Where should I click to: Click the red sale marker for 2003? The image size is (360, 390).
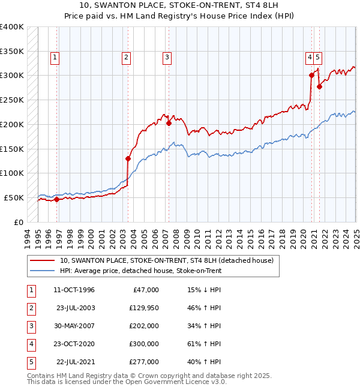pyautogui.click(x=128, y=159)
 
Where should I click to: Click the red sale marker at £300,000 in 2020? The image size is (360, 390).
pyautogui.click(x=312, y=76)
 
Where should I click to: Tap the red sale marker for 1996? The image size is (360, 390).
pyautogui.click(x=56, y=200)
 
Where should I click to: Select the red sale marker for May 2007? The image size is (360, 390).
pyautogui.click(x=169, y=124)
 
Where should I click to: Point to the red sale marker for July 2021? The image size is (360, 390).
pyautogui.click(x=320, y=86)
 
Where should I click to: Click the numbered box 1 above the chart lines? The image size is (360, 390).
pyautogui.click(x=55, y=58)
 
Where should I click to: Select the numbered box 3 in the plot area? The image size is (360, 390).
pyautogui.click(x=166, y=58)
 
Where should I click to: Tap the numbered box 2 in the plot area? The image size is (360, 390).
pyautogui.click(x=127, y=58)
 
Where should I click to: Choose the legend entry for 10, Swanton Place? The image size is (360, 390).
pyautogui.click(x=166, y=260)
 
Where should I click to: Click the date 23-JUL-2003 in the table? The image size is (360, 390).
pyautogui.click(x=76, y=308)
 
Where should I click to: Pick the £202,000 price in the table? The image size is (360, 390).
pyautogui.click(x=144, y=326)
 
